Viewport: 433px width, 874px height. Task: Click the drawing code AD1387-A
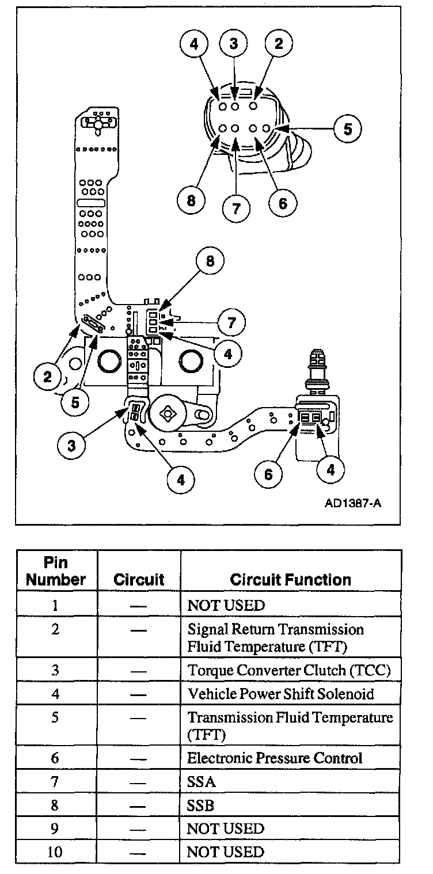pos(353,503)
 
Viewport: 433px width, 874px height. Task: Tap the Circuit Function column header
pos(290,579)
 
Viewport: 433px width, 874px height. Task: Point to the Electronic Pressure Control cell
pos(275,758)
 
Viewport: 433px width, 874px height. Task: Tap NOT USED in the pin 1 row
pos(226,606)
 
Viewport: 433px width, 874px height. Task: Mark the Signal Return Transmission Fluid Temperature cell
pos(276,637)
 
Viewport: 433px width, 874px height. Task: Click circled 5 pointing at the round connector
pos(348,129)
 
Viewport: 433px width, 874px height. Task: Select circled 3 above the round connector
pos(234,44)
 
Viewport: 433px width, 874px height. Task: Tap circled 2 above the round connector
pos(279,44)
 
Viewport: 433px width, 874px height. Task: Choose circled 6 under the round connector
pos(283,203)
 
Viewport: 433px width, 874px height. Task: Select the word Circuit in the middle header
pos(139,579)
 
